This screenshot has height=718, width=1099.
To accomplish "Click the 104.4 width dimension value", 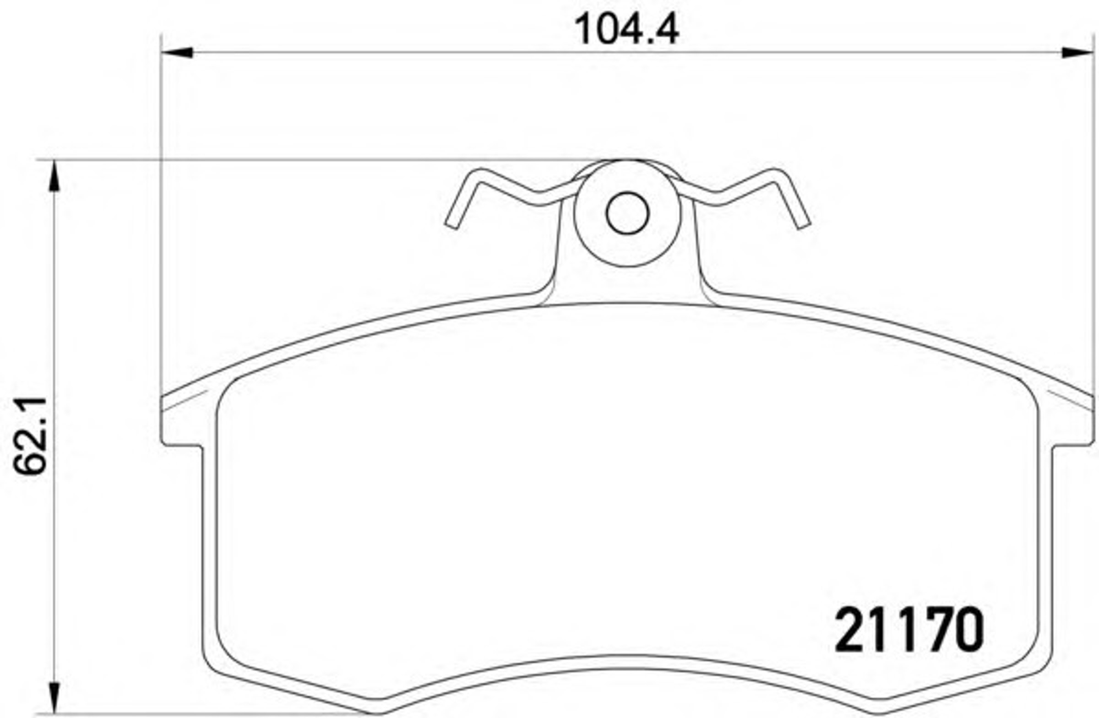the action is coord(626,30).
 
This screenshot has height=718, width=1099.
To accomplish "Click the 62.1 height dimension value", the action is coord(30,436).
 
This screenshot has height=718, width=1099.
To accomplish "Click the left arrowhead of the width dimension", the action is coord(177,52).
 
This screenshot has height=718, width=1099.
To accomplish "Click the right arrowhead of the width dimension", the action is coord(1078,52).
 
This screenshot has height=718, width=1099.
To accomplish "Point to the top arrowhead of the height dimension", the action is coord(54,175).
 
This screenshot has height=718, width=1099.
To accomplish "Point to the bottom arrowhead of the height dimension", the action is coord(54,698).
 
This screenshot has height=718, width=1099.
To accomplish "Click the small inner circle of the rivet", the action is coord(627,213).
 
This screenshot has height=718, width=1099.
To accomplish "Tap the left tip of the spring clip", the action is coord(452,225).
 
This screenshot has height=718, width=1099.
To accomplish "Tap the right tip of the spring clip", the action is coord(804,225).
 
